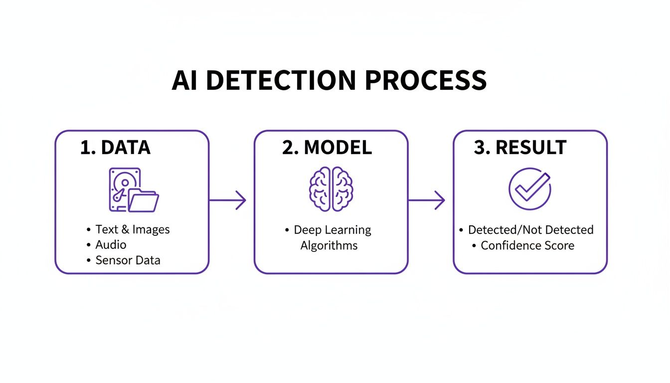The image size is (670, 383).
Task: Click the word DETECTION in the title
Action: (281, 80)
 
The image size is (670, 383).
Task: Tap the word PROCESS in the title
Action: (426, 80)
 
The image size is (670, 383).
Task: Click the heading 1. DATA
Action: (115, 148)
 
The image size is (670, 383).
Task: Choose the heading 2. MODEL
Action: (327, 148)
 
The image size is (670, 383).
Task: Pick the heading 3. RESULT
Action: (520, 148)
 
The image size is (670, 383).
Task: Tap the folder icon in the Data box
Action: (144, 201)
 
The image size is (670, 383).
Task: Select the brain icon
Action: (331, 189)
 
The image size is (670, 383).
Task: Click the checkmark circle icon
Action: (529, 188)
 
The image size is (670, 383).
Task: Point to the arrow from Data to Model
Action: (228, 200)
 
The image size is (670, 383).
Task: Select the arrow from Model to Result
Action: (427, 200)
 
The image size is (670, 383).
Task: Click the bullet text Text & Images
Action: (133, 229)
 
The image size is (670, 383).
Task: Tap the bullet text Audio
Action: (111, 245)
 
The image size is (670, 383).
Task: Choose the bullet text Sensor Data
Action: (128, 260)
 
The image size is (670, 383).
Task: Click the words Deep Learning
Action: (333, 230)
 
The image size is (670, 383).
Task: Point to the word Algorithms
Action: (329, 245)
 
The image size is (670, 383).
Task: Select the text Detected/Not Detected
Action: (530, 230)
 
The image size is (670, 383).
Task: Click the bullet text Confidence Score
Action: (527, 245)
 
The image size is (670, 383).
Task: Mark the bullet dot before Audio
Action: (89, 245)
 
